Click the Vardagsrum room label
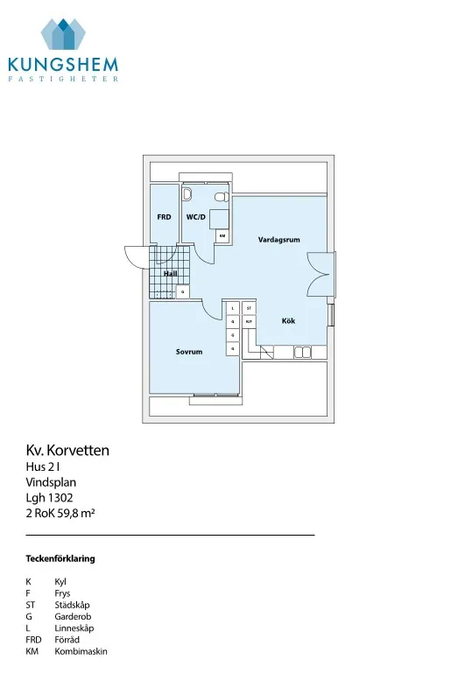pos(278,240)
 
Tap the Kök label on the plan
pos(288,320)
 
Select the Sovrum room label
pos(189,352)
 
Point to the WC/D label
pos(196,217)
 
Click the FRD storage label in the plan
pos(164,217)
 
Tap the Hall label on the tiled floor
pos(171,273)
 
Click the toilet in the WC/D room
pos(222,197)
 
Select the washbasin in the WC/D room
pos(187,194)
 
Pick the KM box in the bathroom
pos(222,235)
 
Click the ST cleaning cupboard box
pos(249,308)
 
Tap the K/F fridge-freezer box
pos(249,321)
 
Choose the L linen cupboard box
pos(233,308)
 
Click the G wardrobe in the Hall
pos(182,291)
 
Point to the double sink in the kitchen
pos(303,353)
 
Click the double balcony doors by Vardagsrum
pos(321,274)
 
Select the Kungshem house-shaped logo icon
pos(63,34)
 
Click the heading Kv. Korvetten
pos(67,450)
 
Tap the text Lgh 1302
pos(49,498)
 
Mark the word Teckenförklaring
pos(60,558)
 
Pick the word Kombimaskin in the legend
pos(81,651)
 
